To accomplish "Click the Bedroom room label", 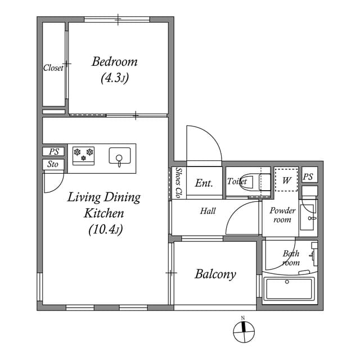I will tap(115, 62).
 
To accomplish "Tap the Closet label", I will tap(53, 68).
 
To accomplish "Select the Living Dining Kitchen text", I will tap(104, 205).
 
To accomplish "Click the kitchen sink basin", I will tap(119, 155).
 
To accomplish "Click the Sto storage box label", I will tap(53, 164).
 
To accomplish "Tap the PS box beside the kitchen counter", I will tap(53, 151).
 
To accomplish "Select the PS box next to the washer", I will tap(308, 175).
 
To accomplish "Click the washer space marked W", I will tap(286, 181).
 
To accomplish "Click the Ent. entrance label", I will tap(203, 183).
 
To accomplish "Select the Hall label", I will tap(208, 211).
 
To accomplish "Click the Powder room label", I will tap(282, 215).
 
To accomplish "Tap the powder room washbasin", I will tap(308, 217).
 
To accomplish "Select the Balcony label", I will tap(215, 274).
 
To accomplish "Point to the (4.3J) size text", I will tap(115, 79).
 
